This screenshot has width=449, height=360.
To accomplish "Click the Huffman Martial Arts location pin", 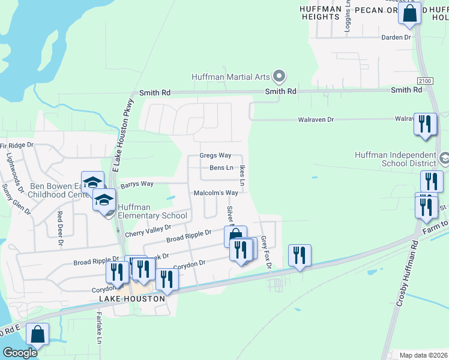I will [279, 76].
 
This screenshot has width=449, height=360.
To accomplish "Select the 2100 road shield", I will [425, 80].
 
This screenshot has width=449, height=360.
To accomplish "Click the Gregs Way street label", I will [215, 156].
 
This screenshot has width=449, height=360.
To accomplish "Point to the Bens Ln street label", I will [221, 168].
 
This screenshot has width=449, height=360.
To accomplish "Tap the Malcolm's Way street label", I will [215, 193].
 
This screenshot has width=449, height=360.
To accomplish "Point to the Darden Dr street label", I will [396, 37].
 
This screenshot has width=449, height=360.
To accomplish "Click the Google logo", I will [20, 353].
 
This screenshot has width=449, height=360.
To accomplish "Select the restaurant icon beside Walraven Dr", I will [425, 125].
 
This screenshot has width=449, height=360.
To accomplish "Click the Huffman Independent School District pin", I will [444, 159].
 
